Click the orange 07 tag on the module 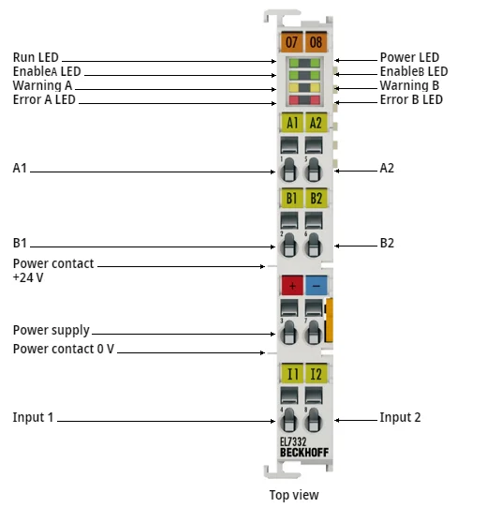click(x=291, y=42)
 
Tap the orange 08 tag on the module click(x=315, y=42)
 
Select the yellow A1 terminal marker click(x=291, y=122)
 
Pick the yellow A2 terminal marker click(x=316, y=122)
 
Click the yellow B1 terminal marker click(x=291, y=198)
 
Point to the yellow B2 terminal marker click(x=316, y=198)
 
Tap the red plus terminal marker click(x=291, y=285)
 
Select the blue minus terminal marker click(x=316, y=285)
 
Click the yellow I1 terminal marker click(x=291, y=374)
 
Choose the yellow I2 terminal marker click(x=316, y=374)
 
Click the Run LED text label click(x=36, y=58)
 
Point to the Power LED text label click(x=409, y=58)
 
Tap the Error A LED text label click(x=44, y=99)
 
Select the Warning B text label click(x=409, y=85)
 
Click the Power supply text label click(x=52, y=330)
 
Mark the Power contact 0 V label click(x=64, y=349)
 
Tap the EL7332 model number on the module click(x=294, y=441)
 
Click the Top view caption click(x=294, y=495)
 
